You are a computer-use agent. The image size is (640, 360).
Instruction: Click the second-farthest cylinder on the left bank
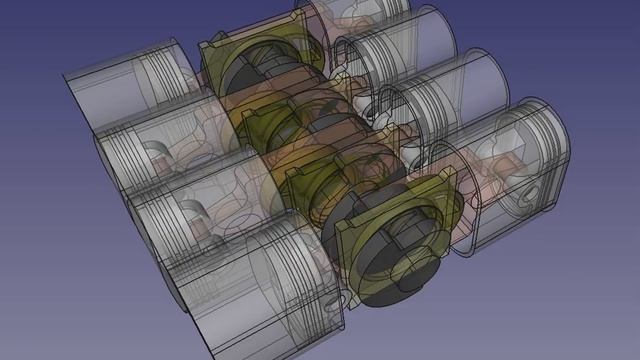[150, 150]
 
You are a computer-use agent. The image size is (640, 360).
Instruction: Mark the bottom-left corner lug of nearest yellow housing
[350, 290]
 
